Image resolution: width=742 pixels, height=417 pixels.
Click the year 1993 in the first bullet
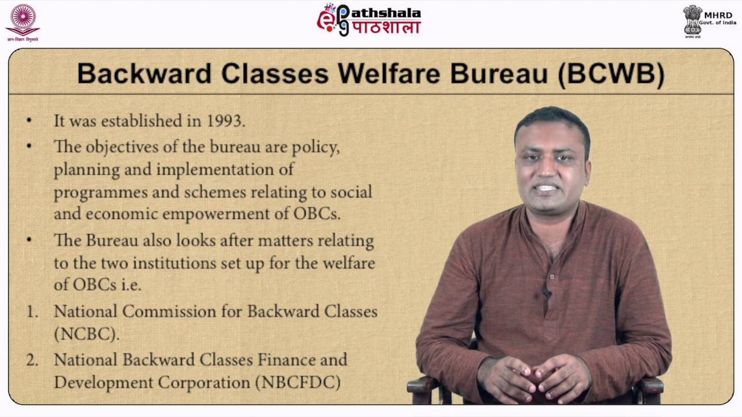pos(225,121)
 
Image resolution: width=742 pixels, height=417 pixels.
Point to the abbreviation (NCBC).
pos(86,334)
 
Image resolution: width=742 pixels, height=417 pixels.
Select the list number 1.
pos(32,312)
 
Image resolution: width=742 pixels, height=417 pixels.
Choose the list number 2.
pos(32,360)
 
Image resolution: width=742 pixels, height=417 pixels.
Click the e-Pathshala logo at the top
pos(369,20)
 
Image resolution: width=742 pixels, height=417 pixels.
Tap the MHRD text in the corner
pos(718,15)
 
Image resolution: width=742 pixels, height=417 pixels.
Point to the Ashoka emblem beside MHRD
pos(692,20)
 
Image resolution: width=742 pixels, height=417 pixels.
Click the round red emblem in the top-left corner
pos(23,19)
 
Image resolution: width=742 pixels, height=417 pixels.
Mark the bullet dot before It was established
pos(29,120)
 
